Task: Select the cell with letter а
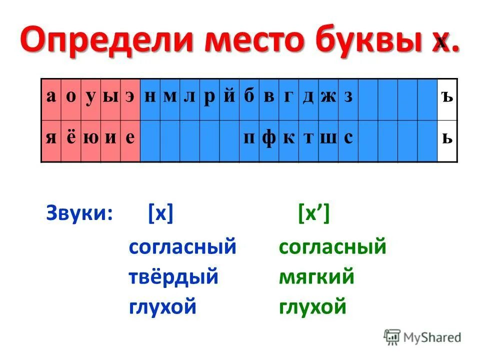(x=51, y=97)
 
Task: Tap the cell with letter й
(x=229, y=97)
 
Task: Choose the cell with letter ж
(x=328, y=97)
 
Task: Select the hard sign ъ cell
(x=447, y=97)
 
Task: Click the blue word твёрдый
(x=173, y=276)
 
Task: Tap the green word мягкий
(x=316, y=276)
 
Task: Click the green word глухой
(x=312, y=306)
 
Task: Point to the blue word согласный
(x=182, y=247)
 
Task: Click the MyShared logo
(x=422, y=337)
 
